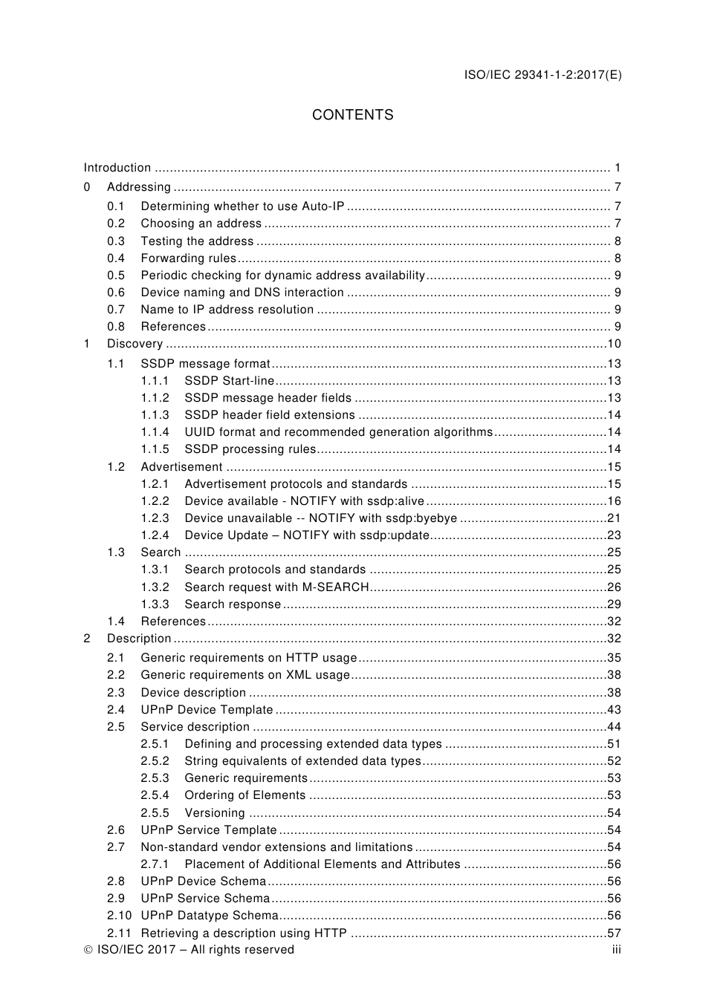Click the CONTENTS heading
pos(352,115)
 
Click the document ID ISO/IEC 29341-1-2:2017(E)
pos(543,74)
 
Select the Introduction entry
pos(117,168)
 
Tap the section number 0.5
pos(116,275)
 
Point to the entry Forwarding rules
pos(188,258)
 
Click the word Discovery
pos(135,344)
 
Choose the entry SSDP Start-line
pos(229,381)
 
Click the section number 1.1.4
pos(155,432)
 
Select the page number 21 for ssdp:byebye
pos(614,518)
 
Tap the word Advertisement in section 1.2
pos(181,467)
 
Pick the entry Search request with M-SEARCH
pos(276,587)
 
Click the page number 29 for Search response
pos(614,604)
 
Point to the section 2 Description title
pos(139,639)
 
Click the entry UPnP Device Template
pos(207,710)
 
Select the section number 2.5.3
pos(155,778)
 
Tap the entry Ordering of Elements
pos(244,795)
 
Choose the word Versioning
pos(214,813)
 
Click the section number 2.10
pos(119,916)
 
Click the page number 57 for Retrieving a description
pos(614,933)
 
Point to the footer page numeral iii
pos(616,950)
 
